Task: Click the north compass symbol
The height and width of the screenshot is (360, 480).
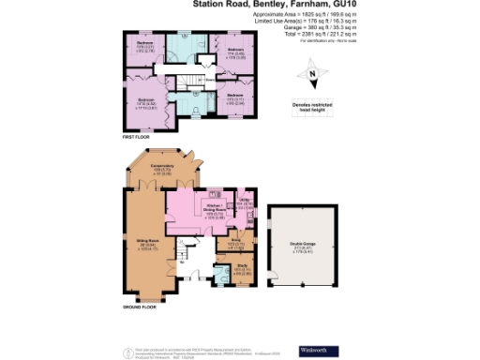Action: coord(312,74)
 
